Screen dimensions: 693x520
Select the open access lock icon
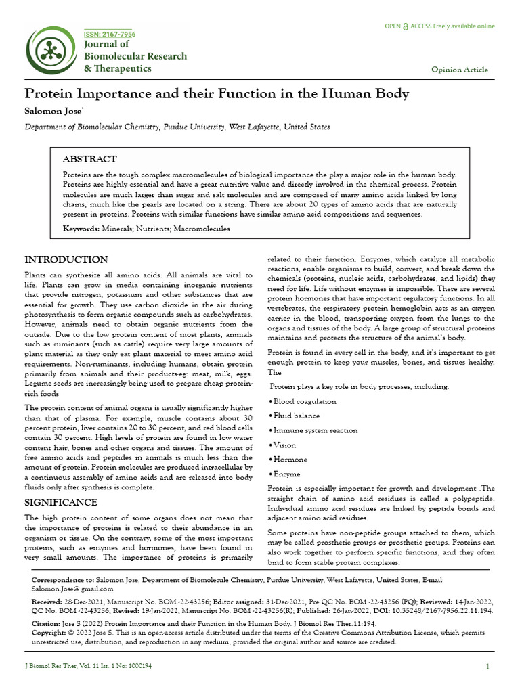pyautogui.click(x=406, y=27)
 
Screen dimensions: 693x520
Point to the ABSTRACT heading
pyautogui.click(x=89, y=159)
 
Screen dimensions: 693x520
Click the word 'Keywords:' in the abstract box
pyautogui.click(x=81, y=229)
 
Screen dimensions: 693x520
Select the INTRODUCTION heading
pyautogui.click(x=66, y=260)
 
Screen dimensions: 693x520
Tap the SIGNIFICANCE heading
pyautogui.click(x=61, y=502)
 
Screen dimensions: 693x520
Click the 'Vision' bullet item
pyautogui.click(x=284, y=445)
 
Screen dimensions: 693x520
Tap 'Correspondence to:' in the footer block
pyautogui.click(x=64, y=581)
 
